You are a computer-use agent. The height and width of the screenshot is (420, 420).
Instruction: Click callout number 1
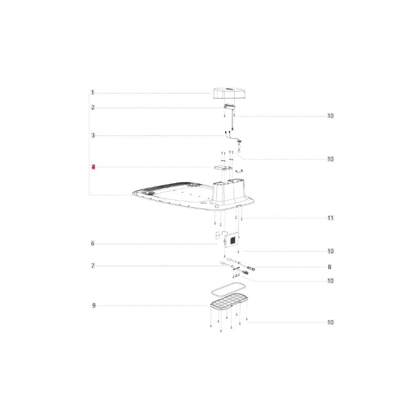point(93,93)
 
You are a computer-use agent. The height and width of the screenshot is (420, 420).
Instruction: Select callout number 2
point(93,108)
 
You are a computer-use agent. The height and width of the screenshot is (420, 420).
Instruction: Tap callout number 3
point(93,135)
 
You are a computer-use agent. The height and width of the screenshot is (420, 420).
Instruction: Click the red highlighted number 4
point(93,167)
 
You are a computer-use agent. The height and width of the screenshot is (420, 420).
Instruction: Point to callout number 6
point(93,244)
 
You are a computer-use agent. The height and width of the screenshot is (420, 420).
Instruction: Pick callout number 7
point(93,266)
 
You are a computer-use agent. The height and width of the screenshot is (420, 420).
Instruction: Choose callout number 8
point(330,267)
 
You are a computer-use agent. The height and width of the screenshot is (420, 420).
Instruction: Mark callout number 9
point(94,306)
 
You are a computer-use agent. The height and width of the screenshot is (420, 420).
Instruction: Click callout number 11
point(331,218)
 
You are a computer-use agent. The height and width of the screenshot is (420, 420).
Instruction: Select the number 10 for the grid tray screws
point(331,322)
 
